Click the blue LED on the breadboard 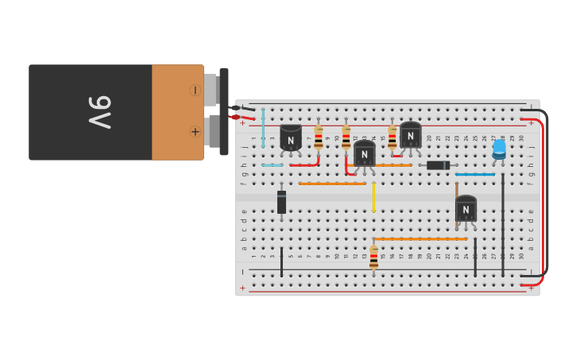click(499, 148)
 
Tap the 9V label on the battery click(100, 112)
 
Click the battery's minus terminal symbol click(195, 91)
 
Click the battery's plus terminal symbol click(195, 131)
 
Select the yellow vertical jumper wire click(373, 197)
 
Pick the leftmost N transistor click(291, 138)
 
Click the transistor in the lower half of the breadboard click(466, 209)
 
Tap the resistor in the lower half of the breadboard click(373, 257)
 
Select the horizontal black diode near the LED click(438, 165)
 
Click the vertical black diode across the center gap click(281, 202)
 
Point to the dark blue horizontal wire click(475, 174)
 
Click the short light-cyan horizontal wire click(273, 165)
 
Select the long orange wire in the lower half click(420, 238)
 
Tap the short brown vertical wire click(456, 191)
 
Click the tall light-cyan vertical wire click(263, 127)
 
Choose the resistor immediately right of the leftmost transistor click(319, 137)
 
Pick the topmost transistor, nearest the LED click(410, 134)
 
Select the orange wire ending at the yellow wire click(332, 184)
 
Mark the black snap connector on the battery click(224, 111)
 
